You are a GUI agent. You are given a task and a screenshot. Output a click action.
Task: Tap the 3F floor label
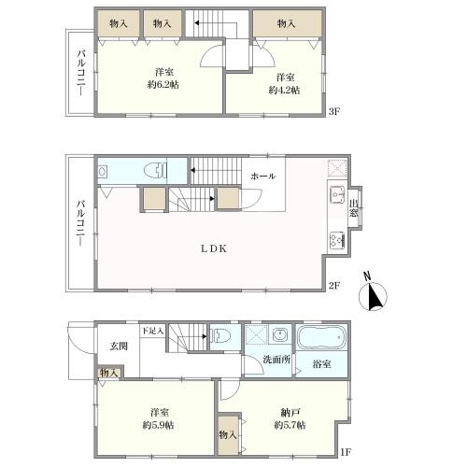coord(334,111)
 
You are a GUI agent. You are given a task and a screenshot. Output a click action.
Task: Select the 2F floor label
coord(334,285)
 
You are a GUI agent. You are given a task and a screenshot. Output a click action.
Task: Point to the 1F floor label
coord(346,452)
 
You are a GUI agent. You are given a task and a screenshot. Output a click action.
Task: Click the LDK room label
coord(214,248)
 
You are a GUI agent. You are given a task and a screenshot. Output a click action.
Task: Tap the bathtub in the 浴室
coord(321,337)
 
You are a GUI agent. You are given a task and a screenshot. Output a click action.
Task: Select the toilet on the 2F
coord(156,171)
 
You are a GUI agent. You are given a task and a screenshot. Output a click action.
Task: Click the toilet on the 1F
coord(220,336)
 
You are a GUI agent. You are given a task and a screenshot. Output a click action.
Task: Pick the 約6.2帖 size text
coord(163,85)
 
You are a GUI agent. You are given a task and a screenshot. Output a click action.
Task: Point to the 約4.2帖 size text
coord(284,91)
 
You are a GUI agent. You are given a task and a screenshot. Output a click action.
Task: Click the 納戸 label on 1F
coord(290,413)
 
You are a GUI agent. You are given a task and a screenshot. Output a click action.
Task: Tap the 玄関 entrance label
coord(119,346)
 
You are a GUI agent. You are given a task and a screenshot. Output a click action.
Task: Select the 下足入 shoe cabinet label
coord(153,331)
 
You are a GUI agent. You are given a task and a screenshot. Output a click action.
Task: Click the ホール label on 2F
coord(263,177)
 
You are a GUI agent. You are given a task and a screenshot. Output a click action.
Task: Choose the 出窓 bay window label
coord(353,208)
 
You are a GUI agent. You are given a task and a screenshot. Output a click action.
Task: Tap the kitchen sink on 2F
coord(337,195)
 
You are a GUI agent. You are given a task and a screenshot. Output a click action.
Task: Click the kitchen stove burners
coord(337,240)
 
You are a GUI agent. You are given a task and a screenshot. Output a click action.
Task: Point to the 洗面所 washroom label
coord(276,360)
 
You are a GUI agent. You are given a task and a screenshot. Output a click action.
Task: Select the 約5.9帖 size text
coord(158,425)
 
